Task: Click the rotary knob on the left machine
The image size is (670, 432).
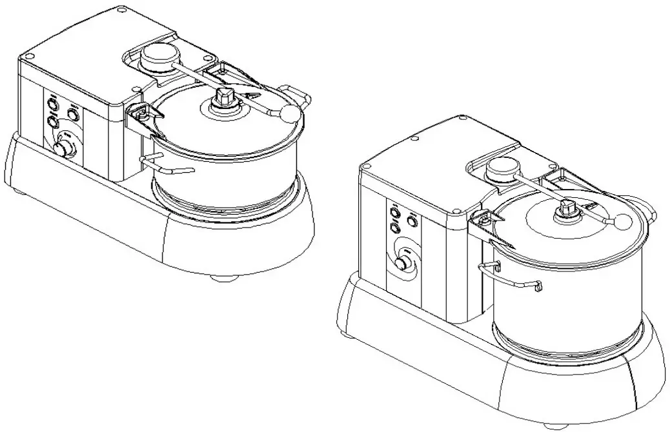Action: [x=64, y=149]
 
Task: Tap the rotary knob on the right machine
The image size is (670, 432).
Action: [x=403, y=264]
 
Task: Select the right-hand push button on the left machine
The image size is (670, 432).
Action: [x=73, y=114]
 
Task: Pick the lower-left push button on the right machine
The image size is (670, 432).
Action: [x=393, y=228]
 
